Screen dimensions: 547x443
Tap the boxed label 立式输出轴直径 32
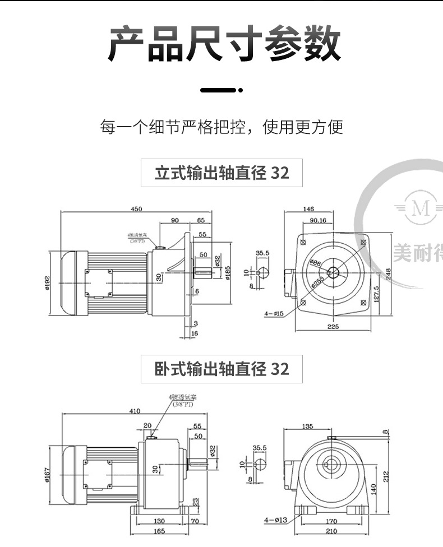click(221, 173)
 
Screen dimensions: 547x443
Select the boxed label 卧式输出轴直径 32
click(221, 369)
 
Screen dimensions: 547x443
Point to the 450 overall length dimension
click(136, 209)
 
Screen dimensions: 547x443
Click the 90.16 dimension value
click(318, 220)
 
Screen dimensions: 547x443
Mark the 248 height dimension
click(387, 273)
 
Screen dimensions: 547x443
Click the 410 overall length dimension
click(135, 411)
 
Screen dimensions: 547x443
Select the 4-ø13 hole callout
click(275, 520)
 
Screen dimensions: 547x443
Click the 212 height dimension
click(387, 476)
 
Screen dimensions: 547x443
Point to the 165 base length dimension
click(159, 530)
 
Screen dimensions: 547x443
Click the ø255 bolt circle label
click(318, 281)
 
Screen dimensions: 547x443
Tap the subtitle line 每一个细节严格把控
click(221, 127)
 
